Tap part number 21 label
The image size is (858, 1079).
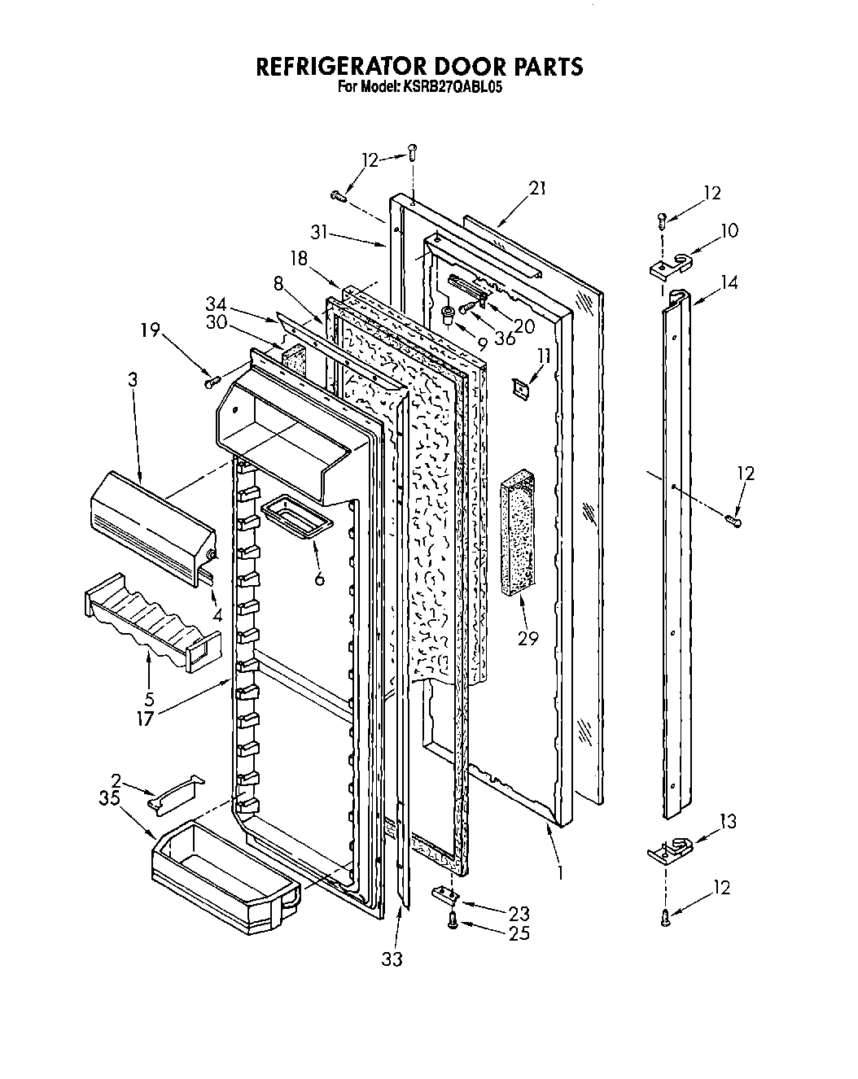(x=537, y=189)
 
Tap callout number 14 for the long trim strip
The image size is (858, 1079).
(x=729, y=282)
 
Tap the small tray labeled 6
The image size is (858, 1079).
(x=296, y=514)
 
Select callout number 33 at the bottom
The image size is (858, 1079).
(x=392, y=959)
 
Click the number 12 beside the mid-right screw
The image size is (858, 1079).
(x=745, y=473)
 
